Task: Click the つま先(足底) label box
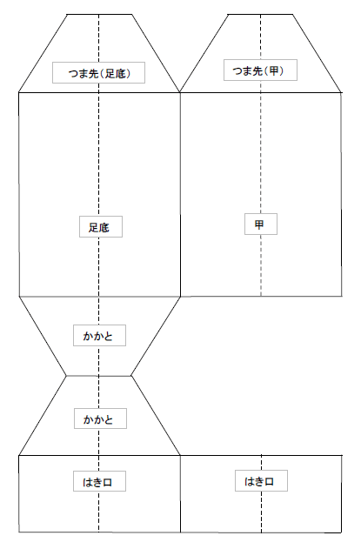pos(99,73)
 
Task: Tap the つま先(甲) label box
pos(260,70)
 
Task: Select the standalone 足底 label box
pos(101,226)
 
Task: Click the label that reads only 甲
pos(261,224)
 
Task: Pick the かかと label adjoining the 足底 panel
pos(99,336)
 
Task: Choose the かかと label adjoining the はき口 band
pos(100,418)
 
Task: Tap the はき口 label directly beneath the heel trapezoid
pos(99,481)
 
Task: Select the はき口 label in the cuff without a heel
pos(261,481)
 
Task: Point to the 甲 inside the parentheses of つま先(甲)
pos(273,71)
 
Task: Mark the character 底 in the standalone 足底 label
pos(104,228)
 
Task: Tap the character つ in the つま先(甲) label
pos(237,71)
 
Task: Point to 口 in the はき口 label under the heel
pos(108,483)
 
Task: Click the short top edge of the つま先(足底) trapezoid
pos(99,14)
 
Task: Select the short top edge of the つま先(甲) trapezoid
pos(260,14)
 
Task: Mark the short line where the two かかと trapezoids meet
pos(99,376)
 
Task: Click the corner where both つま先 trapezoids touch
pos(180,92)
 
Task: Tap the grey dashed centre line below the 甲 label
pos(261,265)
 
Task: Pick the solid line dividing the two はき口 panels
pos(180,493)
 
